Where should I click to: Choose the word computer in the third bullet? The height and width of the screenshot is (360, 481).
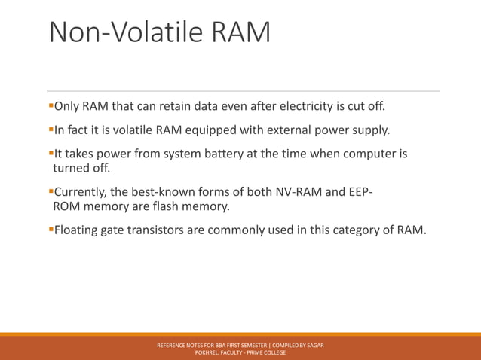tap(368, 154)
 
